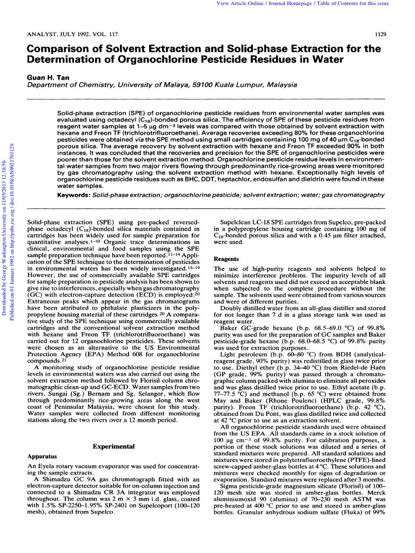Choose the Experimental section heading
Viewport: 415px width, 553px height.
(113, 447)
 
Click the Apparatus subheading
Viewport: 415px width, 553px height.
(39, 456)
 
